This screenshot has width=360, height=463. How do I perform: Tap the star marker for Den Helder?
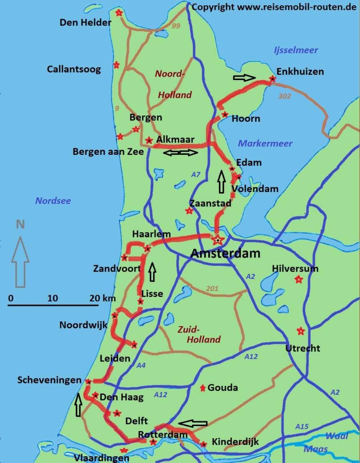coord(118,13)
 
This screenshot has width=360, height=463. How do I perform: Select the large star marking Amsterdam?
coord(217,240)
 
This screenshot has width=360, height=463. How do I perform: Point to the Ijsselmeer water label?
coord(296,50)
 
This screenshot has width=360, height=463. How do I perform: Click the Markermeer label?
coord(265,143)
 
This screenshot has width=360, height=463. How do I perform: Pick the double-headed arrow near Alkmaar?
coord(181,152)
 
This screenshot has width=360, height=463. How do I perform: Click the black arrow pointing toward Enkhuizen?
coord(244,78)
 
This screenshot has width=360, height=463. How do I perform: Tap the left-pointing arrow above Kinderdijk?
coord(193,423)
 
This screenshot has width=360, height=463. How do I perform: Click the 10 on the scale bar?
coord(52,298)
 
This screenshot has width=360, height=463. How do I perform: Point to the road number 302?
coord(284,96)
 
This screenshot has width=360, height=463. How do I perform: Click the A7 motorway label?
coord(196,174)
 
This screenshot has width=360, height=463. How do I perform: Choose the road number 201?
coord(212,289)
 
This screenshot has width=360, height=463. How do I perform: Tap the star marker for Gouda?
coord(203,387)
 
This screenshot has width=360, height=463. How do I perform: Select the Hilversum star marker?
coord(298,279)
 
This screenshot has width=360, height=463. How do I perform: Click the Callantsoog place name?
coord(74,69)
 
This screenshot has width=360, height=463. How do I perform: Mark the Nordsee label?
coord(53,200)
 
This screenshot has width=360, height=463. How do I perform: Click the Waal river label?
coord(336,436)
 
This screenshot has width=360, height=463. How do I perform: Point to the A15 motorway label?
coord(302,427)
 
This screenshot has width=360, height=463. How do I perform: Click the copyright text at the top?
coord(274,7)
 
